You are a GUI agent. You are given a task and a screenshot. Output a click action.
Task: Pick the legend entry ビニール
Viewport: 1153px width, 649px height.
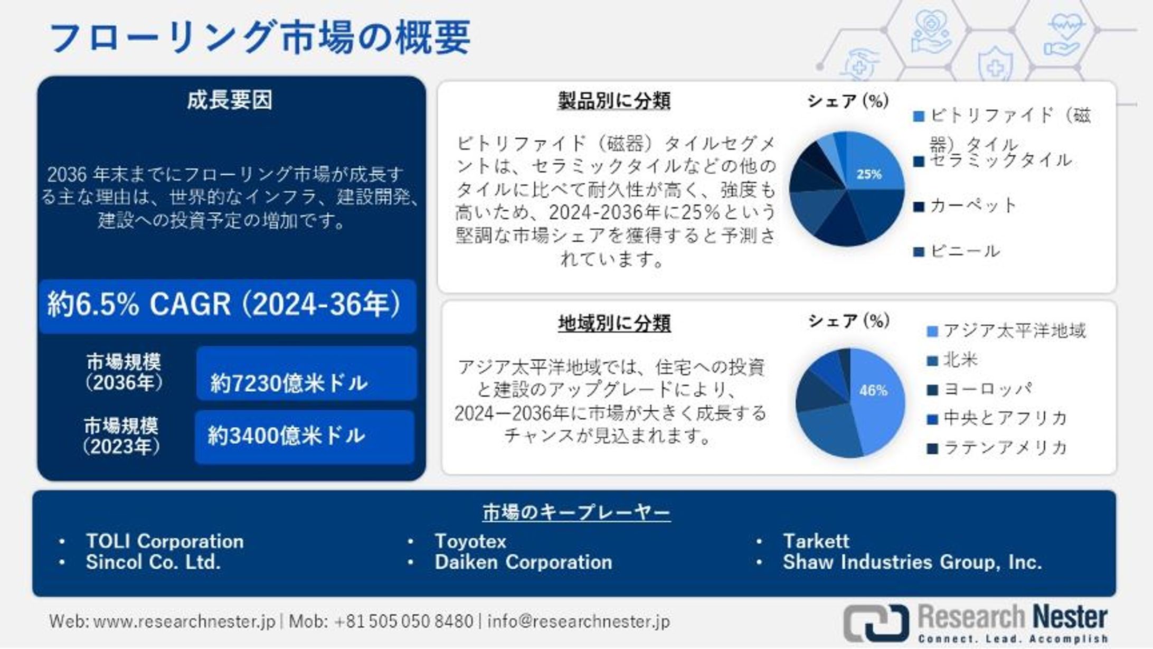[964, 251]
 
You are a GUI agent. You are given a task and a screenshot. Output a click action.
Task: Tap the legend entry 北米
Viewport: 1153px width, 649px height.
[960, 360]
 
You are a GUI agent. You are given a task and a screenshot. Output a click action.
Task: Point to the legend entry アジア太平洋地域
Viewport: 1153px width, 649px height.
[1014, 331]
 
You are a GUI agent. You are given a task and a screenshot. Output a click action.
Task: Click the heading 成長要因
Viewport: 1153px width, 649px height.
[230, 100]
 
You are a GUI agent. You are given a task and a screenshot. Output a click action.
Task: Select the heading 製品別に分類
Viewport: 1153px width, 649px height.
[614, 100]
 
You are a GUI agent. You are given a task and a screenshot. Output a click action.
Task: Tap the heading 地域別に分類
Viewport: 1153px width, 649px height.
[614, 323]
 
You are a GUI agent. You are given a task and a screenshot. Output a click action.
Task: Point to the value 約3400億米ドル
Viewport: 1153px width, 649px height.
[286, 436]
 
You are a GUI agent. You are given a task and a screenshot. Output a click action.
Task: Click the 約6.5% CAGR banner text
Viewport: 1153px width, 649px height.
[224, 305]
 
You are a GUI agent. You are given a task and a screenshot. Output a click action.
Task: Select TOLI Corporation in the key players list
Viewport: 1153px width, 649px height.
[165, 541]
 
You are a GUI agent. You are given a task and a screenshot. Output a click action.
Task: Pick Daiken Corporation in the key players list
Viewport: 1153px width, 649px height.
[523, 562]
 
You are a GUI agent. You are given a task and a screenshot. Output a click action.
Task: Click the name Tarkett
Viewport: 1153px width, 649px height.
[816, 541]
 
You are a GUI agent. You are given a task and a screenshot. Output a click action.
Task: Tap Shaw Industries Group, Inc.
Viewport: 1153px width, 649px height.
[912, 562]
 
